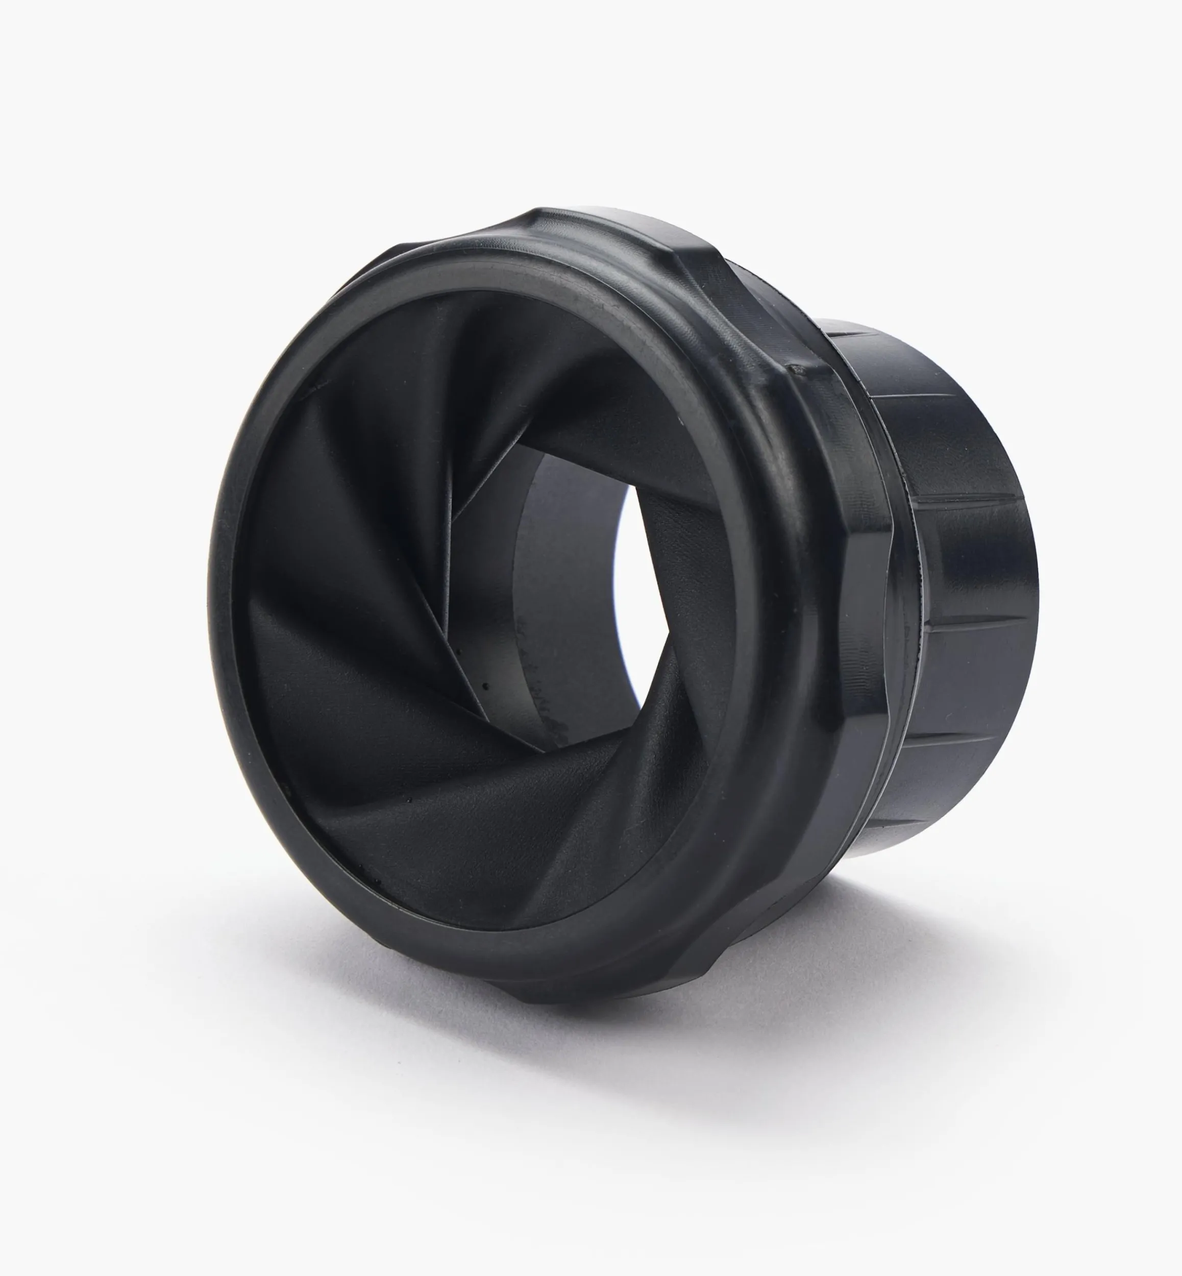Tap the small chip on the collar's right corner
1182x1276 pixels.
[795, 369]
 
